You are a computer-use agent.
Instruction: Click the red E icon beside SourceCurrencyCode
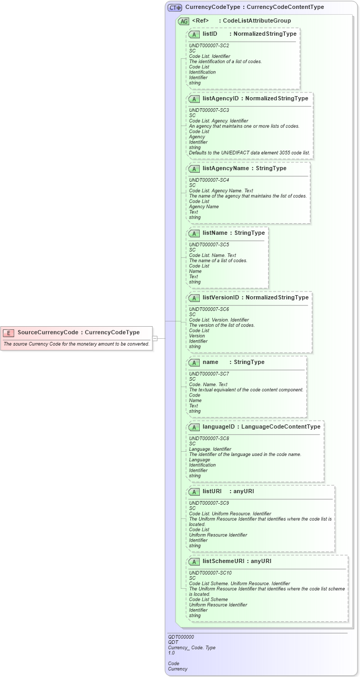(8, 332)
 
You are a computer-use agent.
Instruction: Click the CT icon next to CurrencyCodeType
(175, 8)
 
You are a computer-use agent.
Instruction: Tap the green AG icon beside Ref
(183, 21)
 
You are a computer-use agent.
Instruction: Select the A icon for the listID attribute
(194, 34)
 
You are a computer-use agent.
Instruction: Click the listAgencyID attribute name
(221, 98)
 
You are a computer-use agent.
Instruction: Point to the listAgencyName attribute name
(225, 169)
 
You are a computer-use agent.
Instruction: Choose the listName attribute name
(215, 233)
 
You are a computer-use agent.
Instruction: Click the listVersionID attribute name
(221, 297)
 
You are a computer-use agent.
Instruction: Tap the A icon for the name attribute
(194, 362)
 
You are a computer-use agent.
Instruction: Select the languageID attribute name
(219, 426)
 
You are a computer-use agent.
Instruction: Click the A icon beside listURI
(194, 492)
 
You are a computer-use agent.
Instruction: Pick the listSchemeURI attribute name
(224, 561)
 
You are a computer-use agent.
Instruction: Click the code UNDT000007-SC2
(209, 46)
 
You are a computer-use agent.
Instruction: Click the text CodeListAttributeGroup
(256, 21)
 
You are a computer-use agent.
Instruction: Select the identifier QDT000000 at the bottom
(181, 637)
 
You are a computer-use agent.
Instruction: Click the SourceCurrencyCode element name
(47, 332)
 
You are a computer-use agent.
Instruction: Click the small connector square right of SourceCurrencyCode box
(155, 339)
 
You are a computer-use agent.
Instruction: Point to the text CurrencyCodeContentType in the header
(285, 7)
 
